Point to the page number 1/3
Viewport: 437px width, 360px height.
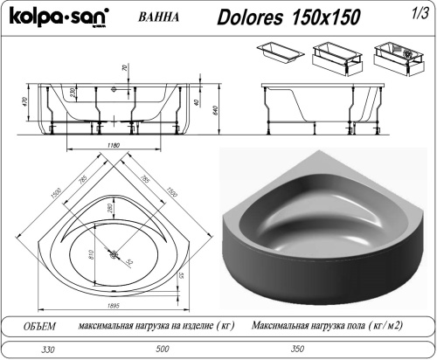[x=419, y=13]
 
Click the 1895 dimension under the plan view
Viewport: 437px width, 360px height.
[x=113, y=304]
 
